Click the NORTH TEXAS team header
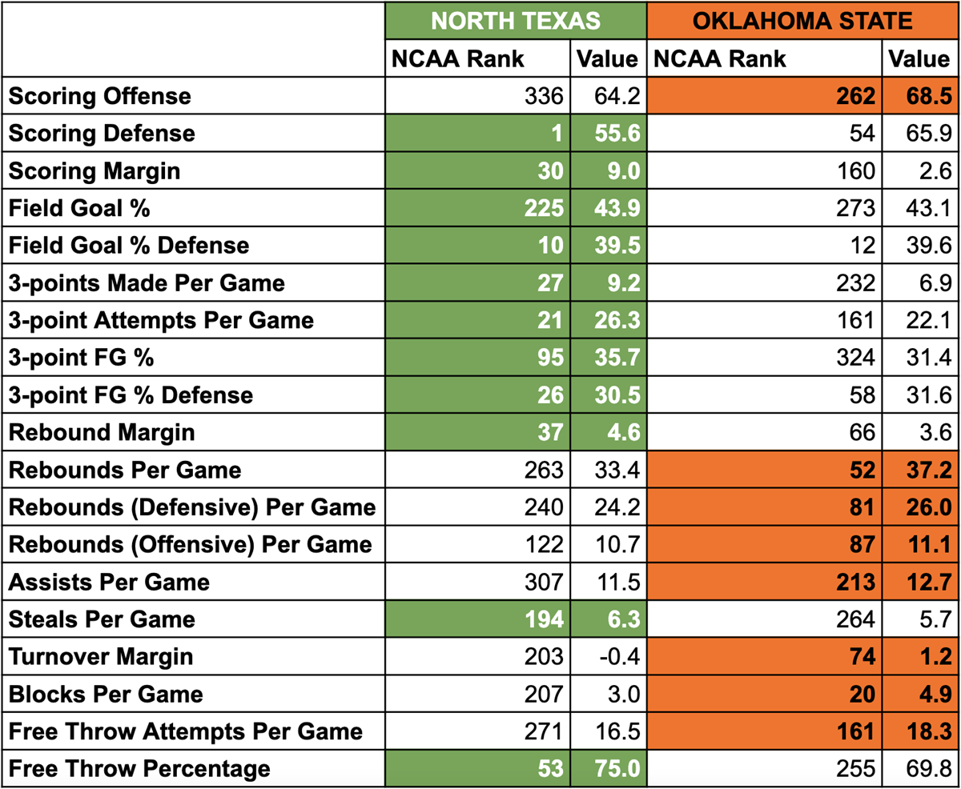pyautogui.click(x=515, y=21)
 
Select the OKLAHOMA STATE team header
pyautogui.click(x=802, y=21)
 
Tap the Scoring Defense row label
pyautogui.click(x=102, y=133)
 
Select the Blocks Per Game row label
pyautogui.click(x=106, y=694)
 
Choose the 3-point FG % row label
pyautogui.click(x=81, y=358)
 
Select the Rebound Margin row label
pyautogui.click(x=102, y=432)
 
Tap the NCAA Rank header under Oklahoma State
pyautogui.click(x=720, y=59)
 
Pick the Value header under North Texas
pyautogui.click(x=606, y=59)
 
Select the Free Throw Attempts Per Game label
pyautogui.click(x=186, y=731)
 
